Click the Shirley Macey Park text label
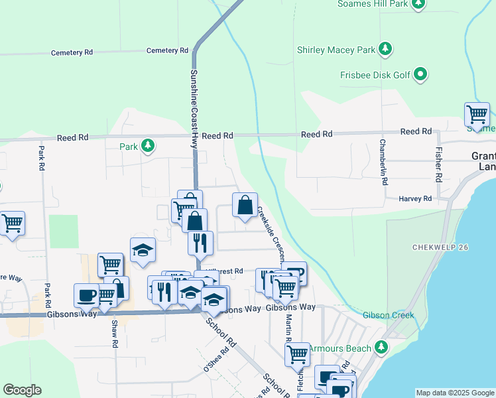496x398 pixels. tap(335, 50)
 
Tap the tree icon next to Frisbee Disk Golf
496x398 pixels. tap(420, 75)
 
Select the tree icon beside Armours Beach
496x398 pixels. tap(381, 347)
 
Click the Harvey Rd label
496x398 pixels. tap(415, 199)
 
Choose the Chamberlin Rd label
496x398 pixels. tap(383, 161)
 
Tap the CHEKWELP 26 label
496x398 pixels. tap(440, 247)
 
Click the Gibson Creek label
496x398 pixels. tap(388, 315)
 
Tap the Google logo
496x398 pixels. tap(22, 390)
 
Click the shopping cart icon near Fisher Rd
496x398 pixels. tap(477, 115)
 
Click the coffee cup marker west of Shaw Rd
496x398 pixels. tap(86, 295)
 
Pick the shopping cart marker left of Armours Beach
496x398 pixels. tap(297, 354)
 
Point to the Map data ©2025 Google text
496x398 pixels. tap(454, 393)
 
